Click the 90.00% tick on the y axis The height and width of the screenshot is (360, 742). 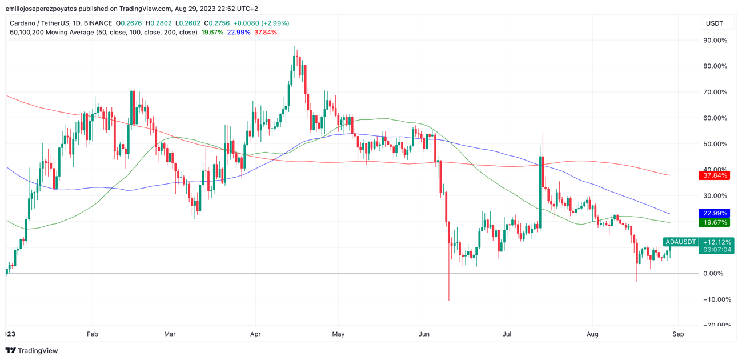click(x=715, y=41)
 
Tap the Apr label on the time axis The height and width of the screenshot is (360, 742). click(x=255, y=334)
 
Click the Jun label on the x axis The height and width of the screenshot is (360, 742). click(x=424, y=334)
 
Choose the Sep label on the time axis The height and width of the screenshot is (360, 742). click(x=678, y=334)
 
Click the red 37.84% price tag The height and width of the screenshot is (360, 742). click(x=715, y=175)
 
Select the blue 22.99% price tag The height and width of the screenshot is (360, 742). click(x=715, y=213)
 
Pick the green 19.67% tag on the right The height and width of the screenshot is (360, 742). click(x=715, y=222)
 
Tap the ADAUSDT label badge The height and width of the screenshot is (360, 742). click(x=681, y=242)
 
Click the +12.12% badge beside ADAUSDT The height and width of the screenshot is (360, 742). click(x=717, y=242)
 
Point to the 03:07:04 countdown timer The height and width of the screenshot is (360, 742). click(x=717, y=250)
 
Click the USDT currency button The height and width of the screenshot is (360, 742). click(x=715, y=23)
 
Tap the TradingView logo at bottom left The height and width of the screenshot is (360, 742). click(x=32, y=351)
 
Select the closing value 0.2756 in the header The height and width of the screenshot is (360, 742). click(x=219, y=23)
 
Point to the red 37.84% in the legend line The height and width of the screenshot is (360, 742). click(x=266, y=33)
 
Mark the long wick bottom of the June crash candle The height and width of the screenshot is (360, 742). click(x=449, y=299)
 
